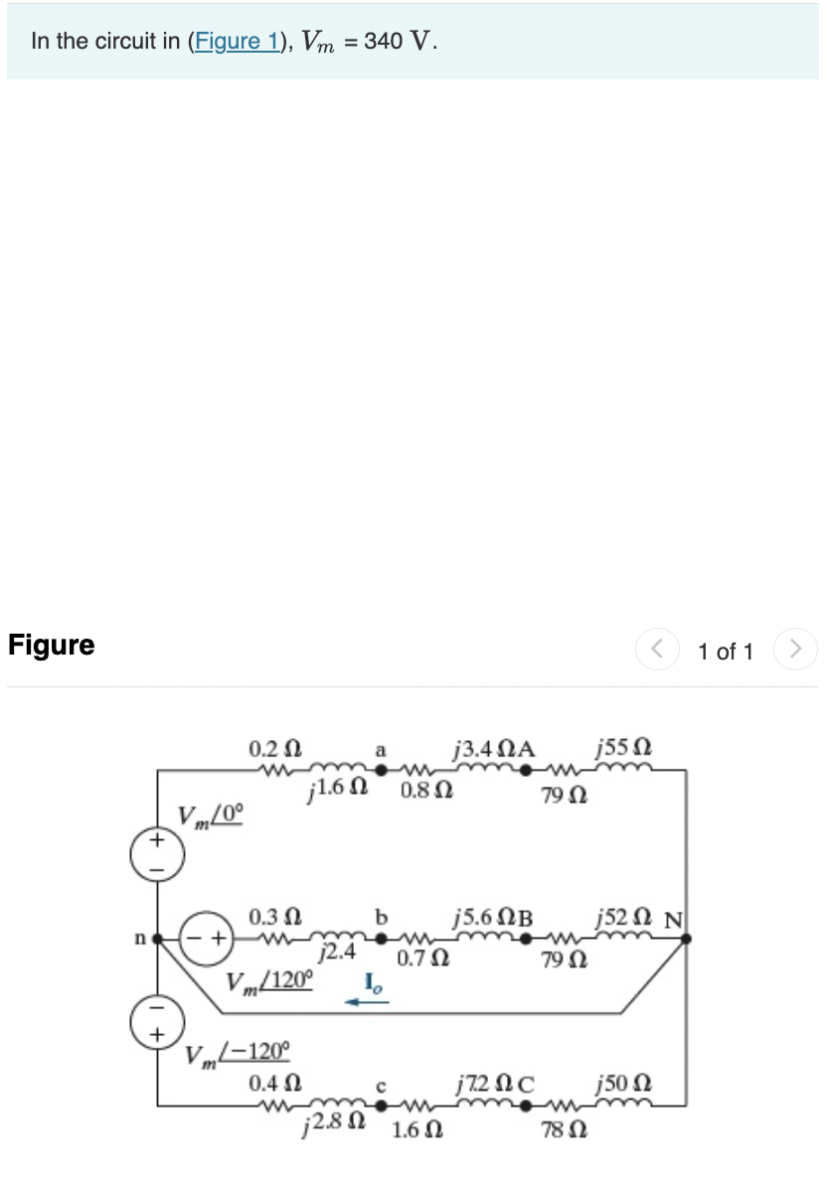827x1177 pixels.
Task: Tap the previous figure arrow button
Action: click(657, 651)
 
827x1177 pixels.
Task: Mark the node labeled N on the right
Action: click(685, 937)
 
